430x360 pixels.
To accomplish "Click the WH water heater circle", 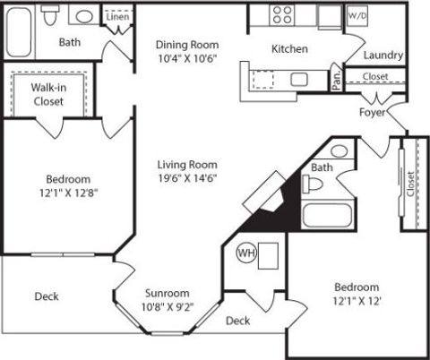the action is tap(246, 253).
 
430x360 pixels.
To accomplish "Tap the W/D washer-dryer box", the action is tap(357, 16).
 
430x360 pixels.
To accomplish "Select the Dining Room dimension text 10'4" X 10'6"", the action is tap(187, 58).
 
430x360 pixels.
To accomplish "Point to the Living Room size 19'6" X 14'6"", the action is tap(187, 178).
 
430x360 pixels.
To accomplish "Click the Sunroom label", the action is tap(168, 293).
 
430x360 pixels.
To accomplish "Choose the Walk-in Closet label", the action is tap(48, 94).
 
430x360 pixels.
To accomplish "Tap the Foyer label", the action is tap(372, 113).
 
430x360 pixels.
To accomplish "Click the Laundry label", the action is tap(383, 56).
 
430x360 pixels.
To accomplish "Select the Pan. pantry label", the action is tap(337, 80).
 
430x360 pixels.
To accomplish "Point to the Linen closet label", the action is tap(117, 17).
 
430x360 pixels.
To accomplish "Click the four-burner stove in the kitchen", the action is tap(282, 15).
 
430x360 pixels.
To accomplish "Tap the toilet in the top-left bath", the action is tap(50, 15).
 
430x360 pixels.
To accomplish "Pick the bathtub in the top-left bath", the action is tap(19, 32).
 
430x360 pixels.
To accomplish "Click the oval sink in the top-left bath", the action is tap(84, 16).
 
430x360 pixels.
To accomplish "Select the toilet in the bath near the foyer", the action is tap(313, 184).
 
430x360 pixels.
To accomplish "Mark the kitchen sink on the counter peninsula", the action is tap(299, 80).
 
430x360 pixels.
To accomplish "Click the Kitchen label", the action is tap(289, 48).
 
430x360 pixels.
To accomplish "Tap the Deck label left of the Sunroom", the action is tap(47, 296).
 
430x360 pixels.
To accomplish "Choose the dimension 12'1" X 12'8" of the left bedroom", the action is tap(69, 193).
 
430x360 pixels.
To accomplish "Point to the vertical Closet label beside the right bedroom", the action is tap(410, 184).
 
